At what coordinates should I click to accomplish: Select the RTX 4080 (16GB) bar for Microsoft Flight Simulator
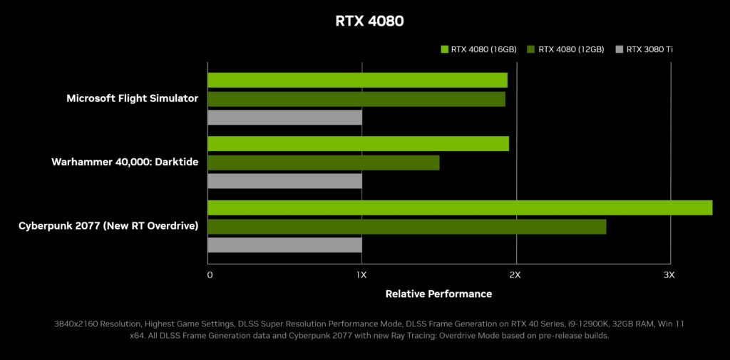(x=357, y=80)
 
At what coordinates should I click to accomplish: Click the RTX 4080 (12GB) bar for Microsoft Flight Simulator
(x=356, y=99)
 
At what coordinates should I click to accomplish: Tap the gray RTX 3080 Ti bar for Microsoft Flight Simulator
(x=284, y=117)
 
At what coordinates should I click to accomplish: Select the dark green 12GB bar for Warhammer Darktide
(x=323, y=163)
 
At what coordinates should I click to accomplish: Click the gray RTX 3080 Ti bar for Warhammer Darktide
(x=284, y=181)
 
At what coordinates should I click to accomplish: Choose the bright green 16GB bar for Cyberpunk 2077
(x=460, y=207)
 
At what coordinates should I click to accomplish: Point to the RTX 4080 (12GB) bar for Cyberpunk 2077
(x=406, y=227)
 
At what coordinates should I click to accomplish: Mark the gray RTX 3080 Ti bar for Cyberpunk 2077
(x=284, y=245)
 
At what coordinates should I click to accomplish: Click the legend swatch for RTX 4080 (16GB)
(x=445, y=49)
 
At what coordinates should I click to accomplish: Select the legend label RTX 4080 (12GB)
(x=571, y=49)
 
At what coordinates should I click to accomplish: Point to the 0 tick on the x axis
(x=210, y=275)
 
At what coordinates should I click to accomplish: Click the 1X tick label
(x=361, y=275)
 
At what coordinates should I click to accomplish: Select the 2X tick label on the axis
(x=515, y=275)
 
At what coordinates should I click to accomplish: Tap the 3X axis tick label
(x=669, y=275)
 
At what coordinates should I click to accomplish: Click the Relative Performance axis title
(x=438, y=294)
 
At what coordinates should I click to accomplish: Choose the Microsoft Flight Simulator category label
(x=132, y=98)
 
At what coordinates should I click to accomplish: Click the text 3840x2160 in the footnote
(x=76, y=324)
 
